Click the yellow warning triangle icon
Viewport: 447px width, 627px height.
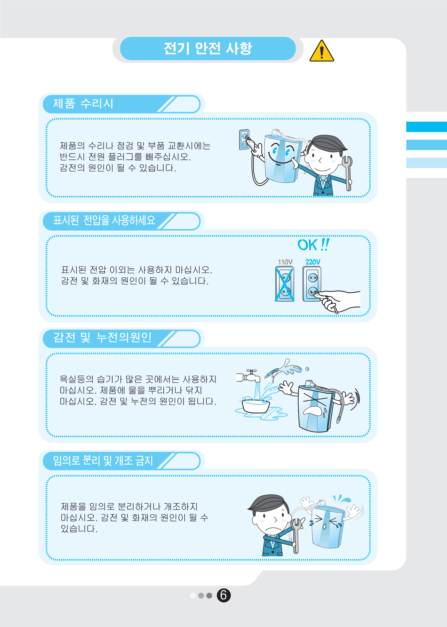click(x=321, y=51)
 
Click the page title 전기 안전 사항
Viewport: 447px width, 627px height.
click(x=208, y=48)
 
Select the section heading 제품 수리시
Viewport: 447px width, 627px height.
click(x=83, y=104)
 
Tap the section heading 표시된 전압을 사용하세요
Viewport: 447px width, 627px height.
click(x=104, y=220)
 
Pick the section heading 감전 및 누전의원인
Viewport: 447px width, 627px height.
click(x=102, y=337)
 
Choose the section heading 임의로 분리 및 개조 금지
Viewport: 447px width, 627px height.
click(x=103, y=460)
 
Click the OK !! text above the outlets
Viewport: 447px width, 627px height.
click(x=313, y=245)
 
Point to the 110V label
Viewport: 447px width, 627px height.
click(x=285, y=262)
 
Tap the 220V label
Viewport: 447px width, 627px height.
click(x=313, y=262)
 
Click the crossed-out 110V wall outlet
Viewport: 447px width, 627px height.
click(x=285, y=284)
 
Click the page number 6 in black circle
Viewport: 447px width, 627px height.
click(x=224, y=595)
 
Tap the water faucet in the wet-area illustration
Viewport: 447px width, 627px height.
click(x=249, y=376)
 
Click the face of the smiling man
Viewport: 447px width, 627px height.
click(x=322, y=160)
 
